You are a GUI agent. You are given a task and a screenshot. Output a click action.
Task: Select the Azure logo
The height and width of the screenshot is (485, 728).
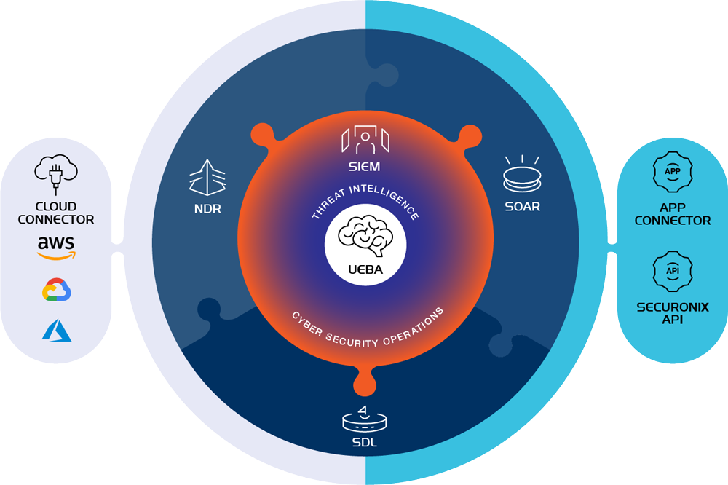56,331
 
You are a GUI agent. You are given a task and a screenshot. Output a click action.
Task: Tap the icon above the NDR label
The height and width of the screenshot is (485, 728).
207,178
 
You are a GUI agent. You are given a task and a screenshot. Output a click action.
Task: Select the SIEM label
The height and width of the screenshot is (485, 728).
364,167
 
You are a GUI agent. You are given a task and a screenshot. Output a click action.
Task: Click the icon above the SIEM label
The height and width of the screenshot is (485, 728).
364,140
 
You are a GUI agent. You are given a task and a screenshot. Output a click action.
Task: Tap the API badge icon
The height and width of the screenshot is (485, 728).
672,271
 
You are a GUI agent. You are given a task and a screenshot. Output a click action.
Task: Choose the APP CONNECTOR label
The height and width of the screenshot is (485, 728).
672,214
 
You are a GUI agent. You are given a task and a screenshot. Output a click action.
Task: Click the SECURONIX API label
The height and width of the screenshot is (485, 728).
672,313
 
